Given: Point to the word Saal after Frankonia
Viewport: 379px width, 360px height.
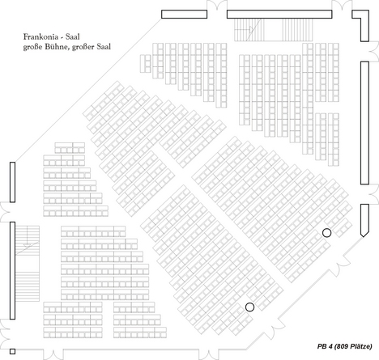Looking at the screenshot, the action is coord(73,36).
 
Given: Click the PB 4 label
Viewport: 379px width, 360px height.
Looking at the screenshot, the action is coord(325,346).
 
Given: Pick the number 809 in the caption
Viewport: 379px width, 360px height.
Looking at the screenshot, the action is coord(342,346).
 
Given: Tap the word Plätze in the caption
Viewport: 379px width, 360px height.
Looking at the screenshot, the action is coord(361,346).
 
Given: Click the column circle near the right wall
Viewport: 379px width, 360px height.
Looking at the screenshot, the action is coord(326,232).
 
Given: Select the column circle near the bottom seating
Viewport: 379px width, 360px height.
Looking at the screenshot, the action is coord(249,307).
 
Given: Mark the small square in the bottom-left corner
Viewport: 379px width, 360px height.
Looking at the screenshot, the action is coord(12,351).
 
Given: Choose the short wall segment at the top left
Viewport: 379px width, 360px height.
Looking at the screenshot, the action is coord(185,15).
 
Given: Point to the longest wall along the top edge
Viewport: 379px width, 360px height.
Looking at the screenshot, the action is coord(279,15).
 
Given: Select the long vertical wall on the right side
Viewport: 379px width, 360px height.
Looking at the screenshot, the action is coord(364,123).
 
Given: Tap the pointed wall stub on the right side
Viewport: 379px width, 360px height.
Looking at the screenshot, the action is coord(364,220).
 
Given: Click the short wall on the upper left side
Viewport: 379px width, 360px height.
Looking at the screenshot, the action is coord(12,182).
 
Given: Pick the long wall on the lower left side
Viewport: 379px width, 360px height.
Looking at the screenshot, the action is coord(12,270).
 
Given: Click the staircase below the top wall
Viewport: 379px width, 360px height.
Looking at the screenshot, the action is coord(274,30).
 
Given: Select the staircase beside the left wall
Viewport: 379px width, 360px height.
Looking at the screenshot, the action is coord(28,264).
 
